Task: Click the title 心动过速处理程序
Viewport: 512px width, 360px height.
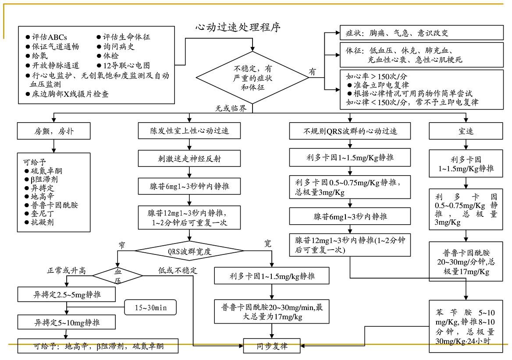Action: tap(238, 27)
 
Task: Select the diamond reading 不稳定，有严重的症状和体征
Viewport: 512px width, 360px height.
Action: tap(252, 78)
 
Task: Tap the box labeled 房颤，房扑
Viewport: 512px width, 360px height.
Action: tap(53, 131)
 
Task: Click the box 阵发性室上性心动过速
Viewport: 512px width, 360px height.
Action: tap(189, 131)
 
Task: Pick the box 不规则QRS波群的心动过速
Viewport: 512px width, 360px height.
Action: tap(350, 131)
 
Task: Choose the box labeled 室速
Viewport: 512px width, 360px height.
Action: tap(466, 131)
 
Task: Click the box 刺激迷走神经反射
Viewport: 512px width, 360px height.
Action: tap(189, 159)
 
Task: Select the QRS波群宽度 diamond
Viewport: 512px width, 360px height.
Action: tap(189, 252)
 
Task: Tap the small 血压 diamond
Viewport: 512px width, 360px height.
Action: tap(117, 276)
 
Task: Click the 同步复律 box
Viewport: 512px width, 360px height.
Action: tap(272, 346)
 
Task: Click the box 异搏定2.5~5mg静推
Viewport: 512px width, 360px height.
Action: tap(67, 295)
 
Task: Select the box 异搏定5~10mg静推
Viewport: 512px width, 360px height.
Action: tap(67, 323)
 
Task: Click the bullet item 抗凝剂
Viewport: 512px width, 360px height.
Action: tap(43, 222)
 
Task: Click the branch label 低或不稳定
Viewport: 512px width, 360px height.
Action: tap(178, 270)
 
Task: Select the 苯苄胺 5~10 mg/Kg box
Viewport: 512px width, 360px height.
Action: tap(466, 327)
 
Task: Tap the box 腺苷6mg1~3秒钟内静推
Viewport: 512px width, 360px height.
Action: tap(189, 187)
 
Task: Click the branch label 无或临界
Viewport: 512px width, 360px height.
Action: tap(230, 108)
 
